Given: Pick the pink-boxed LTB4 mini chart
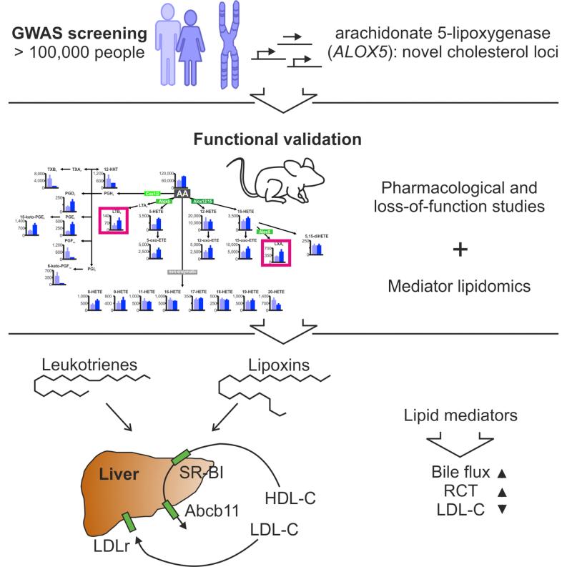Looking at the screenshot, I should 114,219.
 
